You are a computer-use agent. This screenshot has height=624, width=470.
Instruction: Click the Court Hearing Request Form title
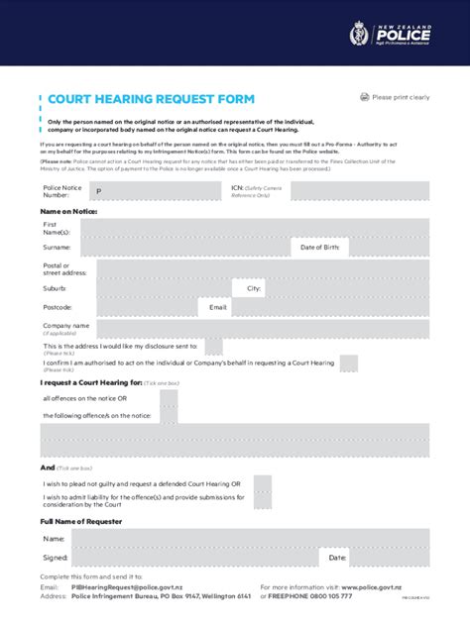click(151, 99)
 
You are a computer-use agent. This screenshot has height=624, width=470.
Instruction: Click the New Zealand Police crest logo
click(358, 37)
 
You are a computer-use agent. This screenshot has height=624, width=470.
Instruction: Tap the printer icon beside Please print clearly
click(364, 97)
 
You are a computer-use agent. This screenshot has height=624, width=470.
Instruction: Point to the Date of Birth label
click(319, 248)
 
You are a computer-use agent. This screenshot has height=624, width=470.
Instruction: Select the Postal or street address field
click(256, 268)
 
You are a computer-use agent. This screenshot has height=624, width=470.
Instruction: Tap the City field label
click(254, 288)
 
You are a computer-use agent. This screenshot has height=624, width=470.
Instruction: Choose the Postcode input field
click(139, 308)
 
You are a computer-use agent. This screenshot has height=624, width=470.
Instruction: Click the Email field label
click(218, 308)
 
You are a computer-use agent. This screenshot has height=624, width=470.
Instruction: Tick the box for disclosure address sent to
click(213, 346)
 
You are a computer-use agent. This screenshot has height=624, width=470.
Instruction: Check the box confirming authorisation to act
click(348, 364)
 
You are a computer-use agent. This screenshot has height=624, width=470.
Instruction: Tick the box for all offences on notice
click(169, 398)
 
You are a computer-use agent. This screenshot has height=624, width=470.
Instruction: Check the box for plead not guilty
click(262, 483)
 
